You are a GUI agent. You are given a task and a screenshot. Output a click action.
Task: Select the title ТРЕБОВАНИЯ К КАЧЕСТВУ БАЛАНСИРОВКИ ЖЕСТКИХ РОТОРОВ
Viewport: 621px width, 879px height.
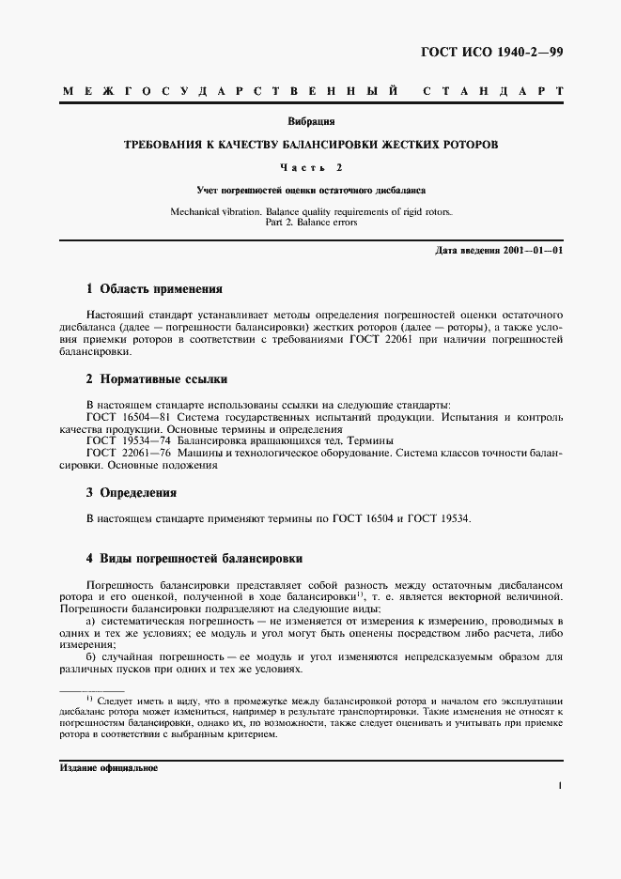coord(311,146)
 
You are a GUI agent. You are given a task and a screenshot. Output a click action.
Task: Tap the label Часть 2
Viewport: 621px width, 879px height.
coord(311,168)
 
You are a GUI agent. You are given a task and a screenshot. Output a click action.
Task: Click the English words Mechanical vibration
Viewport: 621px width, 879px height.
coord(214,211)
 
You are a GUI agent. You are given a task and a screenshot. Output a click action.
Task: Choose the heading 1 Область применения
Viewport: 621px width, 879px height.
coord(154,289)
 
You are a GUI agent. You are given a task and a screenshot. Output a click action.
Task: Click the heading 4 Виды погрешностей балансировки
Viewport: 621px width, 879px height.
coord(194,558)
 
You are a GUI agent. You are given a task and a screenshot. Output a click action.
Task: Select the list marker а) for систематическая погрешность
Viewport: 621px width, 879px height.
coord(91,622)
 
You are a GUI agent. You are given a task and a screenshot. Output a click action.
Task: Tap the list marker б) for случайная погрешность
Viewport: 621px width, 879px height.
coord(91,658)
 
